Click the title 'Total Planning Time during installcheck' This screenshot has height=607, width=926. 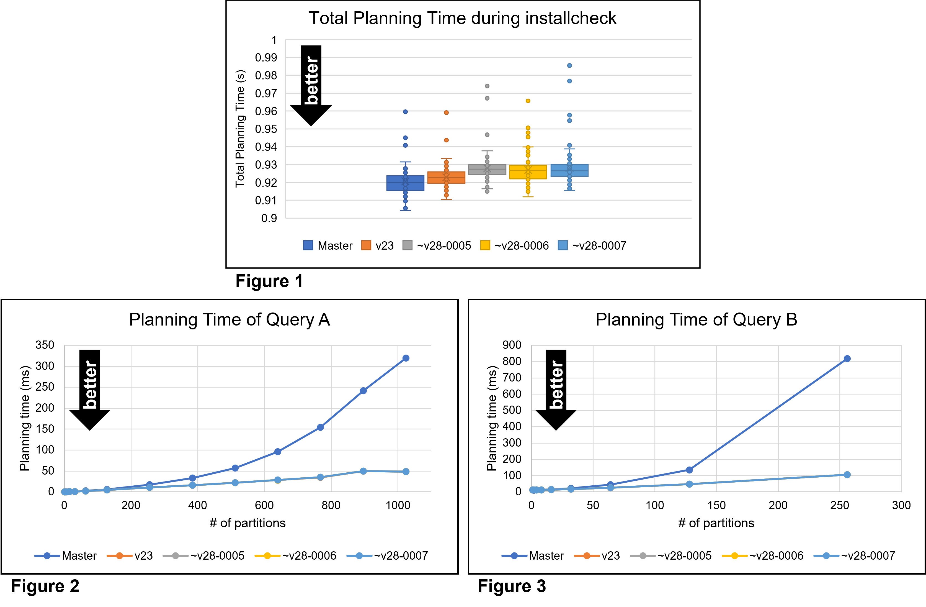[462, 18]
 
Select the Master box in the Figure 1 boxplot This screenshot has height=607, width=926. [405, 183]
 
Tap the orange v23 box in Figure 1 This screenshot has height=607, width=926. [446, 178]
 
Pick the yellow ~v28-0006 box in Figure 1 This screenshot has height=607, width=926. [528, 172]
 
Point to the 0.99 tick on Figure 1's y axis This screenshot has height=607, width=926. [266, 58]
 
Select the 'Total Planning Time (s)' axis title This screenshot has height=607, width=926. [240, 129]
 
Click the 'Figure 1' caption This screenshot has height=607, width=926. [269, 281]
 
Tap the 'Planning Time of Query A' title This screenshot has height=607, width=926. [229, 320]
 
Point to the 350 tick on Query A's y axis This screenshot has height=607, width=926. [45, 345]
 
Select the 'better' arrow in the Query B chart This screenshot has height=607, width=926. [556, 389]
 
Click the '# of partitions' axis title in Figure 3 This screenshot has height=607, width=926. [716, 523]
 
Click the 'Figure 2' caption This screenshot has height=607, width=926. [45, 586]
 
